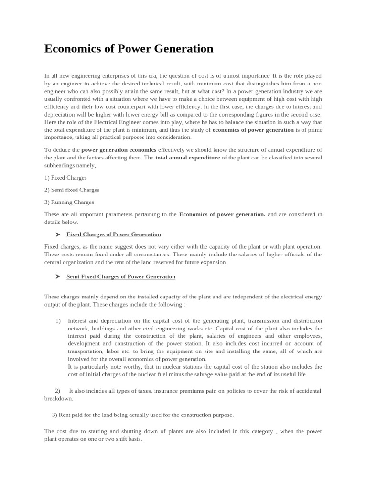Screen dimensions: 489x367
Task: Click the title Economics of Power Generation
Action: (x=129, y=49)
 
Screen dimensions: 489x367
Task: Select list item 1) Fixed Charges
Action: (x=65, y=177)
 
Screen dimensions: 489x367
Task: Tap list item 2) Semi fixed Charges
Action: (x=72, y=190)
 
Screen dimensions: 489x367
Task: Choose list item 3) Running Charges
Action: (x=69, y=202)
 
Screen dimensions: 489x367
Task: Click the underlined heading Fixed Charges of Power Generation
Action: (x=113, y=234)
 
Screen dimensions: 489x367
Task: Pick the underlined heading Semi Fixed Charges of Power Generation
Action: (x=120, y=276)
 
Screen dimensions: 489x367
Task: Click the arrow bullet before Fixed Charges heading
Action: (x=57, y=234)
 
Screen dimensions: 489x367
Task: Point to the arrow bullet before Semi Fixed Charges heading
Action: (x=57, y=276)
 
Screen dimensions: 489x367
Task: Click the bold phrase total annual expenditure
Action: (x=188, y=158)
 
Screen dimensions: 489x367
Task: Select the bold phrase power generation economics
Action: (x=119, y=150)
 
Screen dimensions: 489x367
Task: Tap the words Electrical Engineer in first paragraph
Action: (x=122, y=122)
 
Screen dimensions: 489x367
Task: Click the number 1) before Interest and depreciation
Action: (x=58, y=321)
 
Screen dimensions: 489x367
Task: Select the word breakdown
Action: (x=58, y=398)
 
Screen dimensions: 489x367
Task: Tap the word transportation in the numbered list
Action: (x=88, y=351)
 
